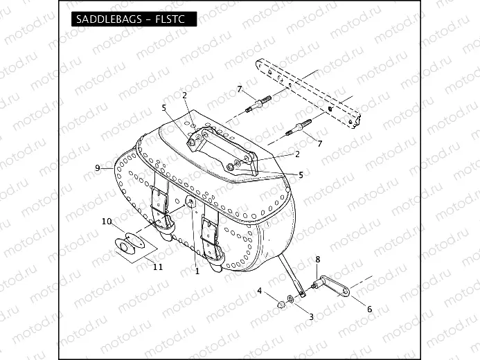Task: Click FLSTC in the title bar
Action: pyautogui.click(x=172, y=19)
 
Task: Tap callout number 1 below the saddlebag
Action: pyautogui.click(x=197, y=271)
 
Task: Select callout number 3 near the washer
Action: pyautogui.click(x=311, y=316)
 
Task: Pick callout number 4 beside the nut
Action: pyautogui.click(x=260, y=291)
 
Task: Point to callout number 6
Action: pyautogui.click(x=369, y=309)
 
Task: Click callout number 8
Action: pyautogui.click(x=317, y=260)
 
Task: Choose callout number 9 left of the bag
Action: pyautogui.click(x=98, y=168)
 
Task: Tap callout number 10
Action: pyautogui.click(x=107, y=222)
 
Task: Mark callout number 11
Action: pyautogui.click(x=157, y=267)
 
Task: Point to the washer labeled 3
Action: pyautogui.click(x=291, y=298)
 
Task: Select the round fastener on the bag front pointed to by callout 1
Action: pyautogui.click(x=189, y=202)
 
